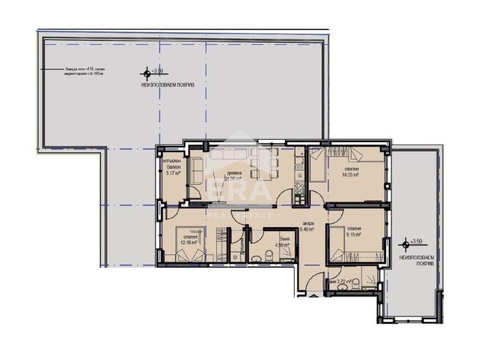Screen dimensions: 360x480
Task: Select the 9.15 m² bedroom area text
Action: tap(353, 235)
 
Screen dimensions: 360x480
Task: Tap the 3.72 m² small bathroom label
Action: tap(339, 281)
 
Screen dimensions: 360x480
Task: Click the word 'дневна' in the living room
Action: tap(233, 173)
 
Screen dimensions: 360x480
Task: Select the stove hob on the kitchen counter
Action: tap(299, 193)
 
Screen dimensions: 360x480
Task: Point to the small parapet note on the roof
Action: tap(85, 71)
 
